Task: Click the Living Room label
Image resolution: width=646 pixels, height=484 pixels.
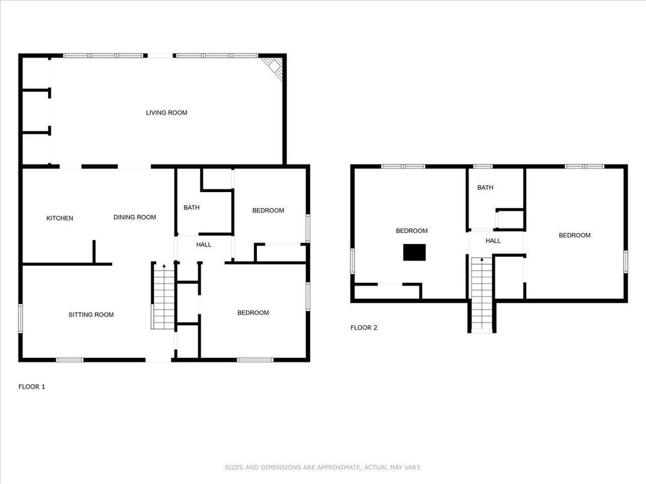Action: [x=167, y=113]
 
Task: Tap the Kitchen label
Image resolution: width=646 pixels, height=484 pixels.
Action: [x=60, y=218]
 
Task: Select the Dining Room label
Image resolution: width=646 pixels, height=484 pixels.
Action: [x=135, y=217]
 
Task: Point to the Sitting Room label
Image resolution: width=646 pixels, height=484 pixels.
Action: [x=91, y=315]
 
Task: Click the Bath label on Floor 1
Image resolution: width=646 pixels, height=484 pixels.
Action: [x=192, y=207]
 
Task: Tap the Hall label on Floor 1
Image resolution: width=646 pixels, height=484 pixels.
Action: [x=204, y=245]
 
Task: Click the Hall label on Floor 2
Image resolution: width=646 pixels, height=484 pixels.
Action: [x=493, y=241]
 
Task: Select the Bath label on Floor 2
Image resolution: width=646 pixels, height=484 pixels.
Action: [x=485, y=187]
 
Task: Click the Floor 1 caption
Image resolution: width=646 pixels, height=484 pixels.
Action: [x=32, y=387]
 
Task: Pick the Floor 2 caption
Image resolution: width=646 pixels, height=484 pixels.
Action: [x=364, y=328]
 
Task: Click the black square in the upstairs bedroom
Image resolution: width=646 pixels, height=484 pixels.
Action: [x=414, y=252]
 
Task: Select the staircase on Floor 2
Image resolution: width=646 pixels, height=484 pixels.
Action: [x=482, y=294]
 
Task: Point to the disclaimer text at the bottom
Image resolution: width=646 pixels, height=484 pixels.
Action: [x=323, y=467]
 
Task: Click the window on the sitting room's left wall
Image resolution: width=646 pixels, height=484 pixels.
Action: [x=21, y=318]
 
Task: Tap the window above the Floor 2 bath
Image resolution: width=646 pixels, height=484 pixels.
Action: [x=483, y=166]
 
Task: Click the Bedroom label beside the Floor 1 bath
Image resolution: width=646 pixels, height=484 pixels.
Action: [x=268, y=210]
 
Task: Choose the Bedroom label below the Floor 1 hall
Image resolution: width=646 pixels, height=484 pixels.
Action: [x=253, y=313]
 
